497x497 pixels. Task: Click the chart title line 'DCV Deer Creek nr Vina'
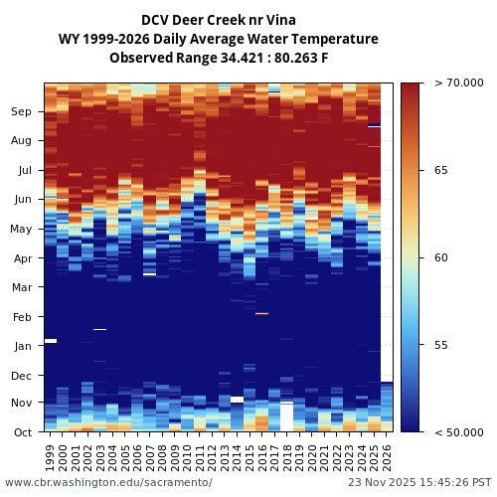point(218,20)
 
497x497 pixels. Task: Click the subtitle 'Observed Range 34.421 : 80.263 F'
point(218,58)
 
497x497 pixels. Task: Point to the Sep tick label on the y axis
point(21,112)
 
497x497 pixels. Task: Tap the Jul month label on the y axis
point(23,171)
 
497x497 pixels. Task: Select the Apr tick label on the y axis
point(22,258)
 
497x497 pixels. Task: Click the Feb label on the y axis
point(22,317)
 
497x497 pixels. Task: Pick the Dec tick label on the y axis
point(21,376)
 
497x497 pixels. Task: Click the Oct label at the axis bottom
point(22,432)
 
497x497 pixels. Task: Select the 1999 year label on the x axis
point(51,456)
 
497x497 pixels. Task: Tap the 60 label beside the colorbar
point(440,257)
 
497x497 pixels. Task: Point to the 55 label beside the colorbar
point(440,345)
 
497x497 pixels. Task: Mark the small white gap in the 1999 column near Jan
point(51,341)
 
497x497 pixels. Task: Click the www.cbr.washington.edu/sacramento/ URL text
point(108,482)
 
